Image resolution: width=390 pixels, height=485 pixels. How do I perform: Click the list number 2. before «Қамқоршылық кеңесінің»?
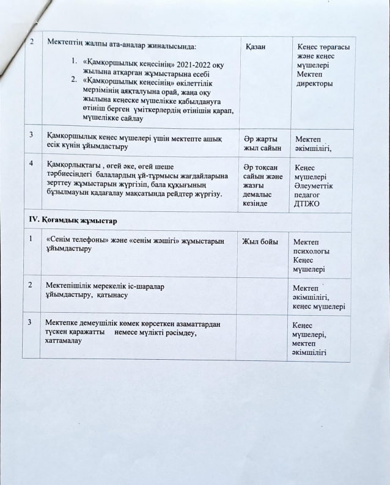click(73, 79)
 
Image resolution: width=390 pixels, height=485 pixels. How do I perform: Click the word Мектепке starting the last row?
click(64, 322)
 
